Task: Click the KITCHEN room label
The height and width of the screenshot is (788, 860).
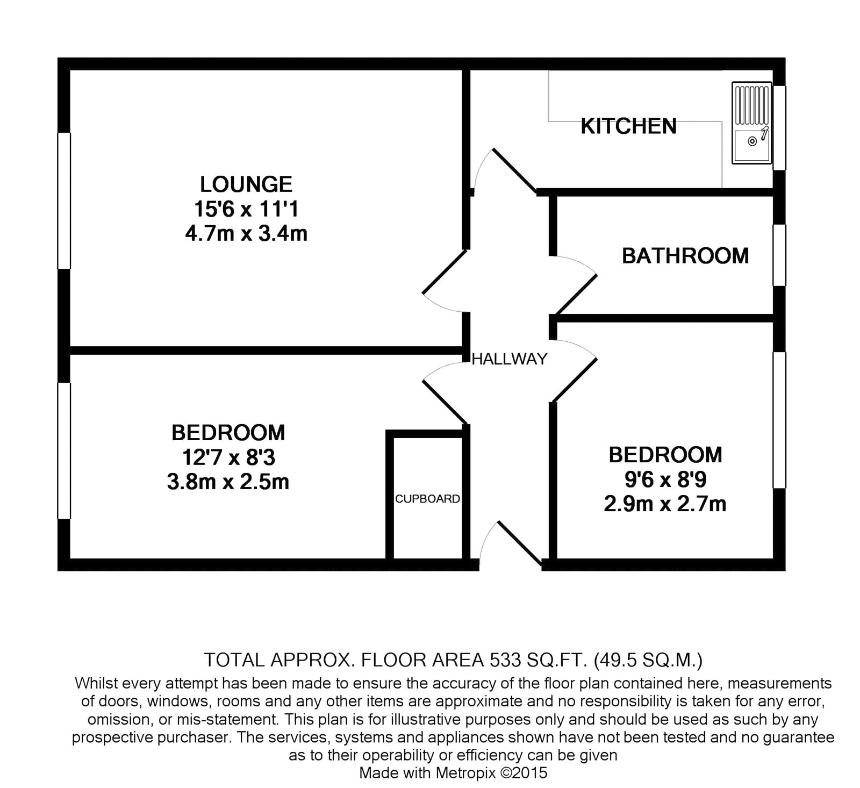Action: [x=628, y=126]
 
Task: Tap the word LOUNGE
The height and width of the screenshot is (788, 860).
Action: [x=246, y=184]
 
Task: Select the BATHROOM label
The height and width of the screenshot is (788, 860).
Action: [x=685, y=256]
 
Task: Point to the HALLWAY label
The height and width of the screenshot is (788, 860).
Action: [x=510, y=359]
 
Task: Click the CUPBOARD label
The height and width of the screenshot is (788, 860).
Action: [x=428, y=499]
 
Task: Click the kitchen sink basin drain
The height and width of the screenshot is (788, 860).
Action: [x=752, y=141]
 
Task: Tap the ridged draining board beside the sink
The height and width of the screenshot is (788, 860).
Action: [x=751, y=104]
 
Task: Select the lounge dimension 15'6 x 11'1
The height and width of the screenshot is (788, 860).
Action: [x=246, y=209]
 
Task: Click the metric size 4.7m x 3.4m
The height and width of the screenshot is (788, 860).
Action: [x=246, y=234]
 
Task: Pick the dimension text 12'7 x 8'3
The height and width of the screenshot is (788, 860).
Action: [x=228, y=457]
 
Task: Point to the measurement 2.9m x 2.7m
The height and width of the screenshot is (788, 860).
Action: [x=665, y=504]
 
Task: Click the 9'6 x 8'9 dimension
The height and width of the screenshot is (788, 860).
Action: [x=665, y=479]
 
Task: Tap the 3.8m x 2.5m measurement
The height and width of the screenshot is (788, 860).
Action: [x=228, y=482]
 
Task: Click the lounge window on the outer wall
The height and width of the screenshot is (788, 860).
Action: [x=64, y=200]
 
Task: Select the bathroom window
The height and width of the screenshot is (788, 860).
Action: [x=779, y=255]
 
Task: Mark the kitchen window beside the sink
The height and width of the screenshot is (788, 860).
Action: [x=779, y=128]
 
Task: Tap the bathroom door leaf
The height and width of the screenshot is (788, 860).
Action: [x=576, y=295]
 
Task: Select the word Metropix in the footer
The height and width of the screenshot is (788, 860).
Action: [x=467, y=773]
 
